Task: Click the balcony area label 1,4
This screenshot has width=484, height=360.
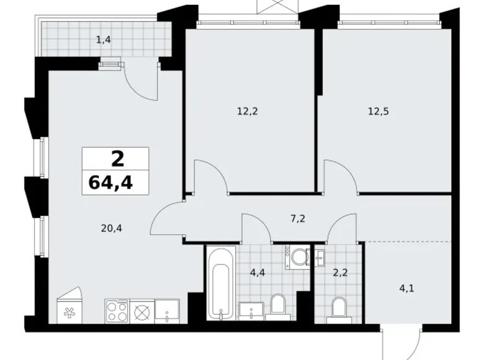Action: pyautogui.click(x=104, y=40)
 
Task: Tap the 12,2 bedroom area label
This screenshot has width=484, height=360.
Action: pyautogui.click(x=247, y=111)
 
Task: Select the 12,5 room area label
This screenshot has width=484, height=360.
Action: pyautogui.click(x=379, y=111)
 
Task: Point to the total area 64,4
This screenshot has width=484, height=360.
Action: pyautogui.click(x=110, y=182)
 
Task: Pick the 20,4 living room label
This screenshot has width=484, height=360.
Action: pyautogui.click(x=112, y=228)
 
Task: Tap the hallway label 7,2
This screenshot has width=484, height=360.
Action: pyautogui.click(x=298, y=218)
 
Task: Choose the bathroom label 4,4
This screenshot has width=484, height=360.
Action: pyautogui.click(x=258, y=272)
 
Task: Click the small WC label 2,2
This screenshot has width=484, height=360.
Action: pyautogui.click(x=340, y=272)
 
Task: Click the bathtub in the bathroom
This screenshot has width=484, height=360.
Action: pyautogui.click(x=221, y=283)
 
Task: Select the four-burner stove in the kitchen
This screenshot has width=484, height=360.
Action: pyautogui.click(x=117, y=311)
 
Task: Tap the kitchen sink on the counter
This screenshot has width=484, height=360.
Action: pyautogui.click(x=167, y=311)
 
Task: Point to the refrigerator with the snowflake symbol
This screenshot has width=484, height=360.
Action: pyautogui.click(x=69, y=305)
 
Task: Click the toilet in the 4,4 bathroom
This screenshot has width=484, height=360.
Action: pyautogui.click(x=278, y=307)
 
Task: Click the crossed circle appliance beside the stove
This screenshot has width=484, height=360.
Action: pyautogui.click(x=142, y=311)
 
